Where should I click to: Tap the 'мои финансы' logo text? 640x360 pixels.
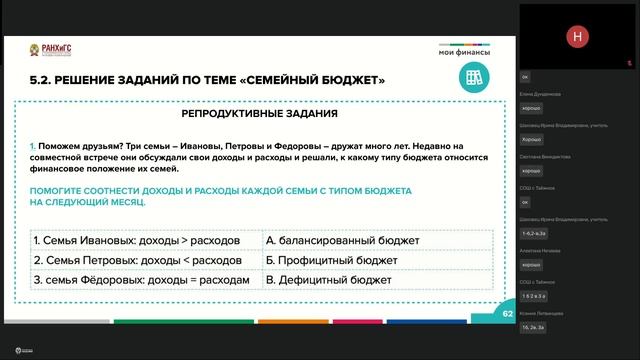coord(460,52)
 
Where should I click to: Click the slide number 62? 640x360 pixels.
coord(507,313)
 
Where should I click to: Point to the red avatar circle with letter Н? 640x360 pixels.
coord(575,37)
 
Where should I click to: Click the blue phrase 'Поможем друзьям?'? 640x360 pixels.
coord(71,145)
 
